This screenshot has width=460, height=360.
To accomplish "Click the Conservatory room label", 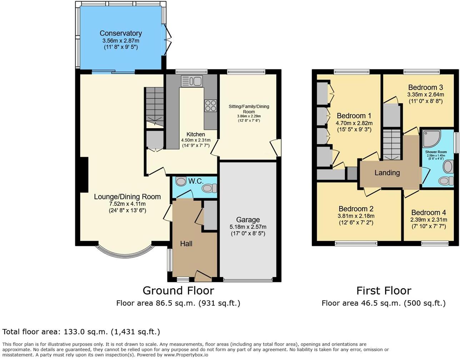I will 121,34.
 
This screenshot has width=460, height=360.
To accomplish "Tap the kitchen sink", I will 192,81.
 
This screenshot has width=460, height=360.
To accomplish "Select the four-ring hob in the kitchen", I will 210,106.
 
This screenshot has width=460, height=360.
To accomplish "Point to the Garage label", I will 248,220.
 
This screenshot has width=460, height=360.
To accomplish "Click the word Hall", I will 186,244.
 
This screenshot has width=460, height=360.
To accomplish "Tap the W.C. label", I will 196,181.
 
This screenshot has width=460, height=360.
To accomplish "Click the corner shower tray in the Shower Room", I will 432,139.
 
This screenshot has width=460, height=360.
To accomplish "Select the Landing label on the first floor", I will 387,173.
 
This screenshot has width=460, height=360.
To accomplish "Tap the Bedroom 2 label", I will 356,209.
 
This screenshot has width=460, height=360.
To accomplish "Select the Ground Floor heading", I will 178,290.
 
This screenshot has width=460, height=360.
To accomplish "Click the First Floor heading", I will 384,290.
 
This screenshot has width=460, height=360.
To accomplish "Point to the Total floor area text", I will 81,332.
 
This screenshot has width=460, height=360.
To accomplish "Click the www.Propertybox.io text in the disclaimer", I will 186,355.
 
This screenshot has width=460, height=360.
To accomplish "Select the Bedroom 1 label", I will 354,116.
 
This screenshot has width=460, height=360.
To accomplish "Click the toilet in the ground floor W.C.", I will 209,188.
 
